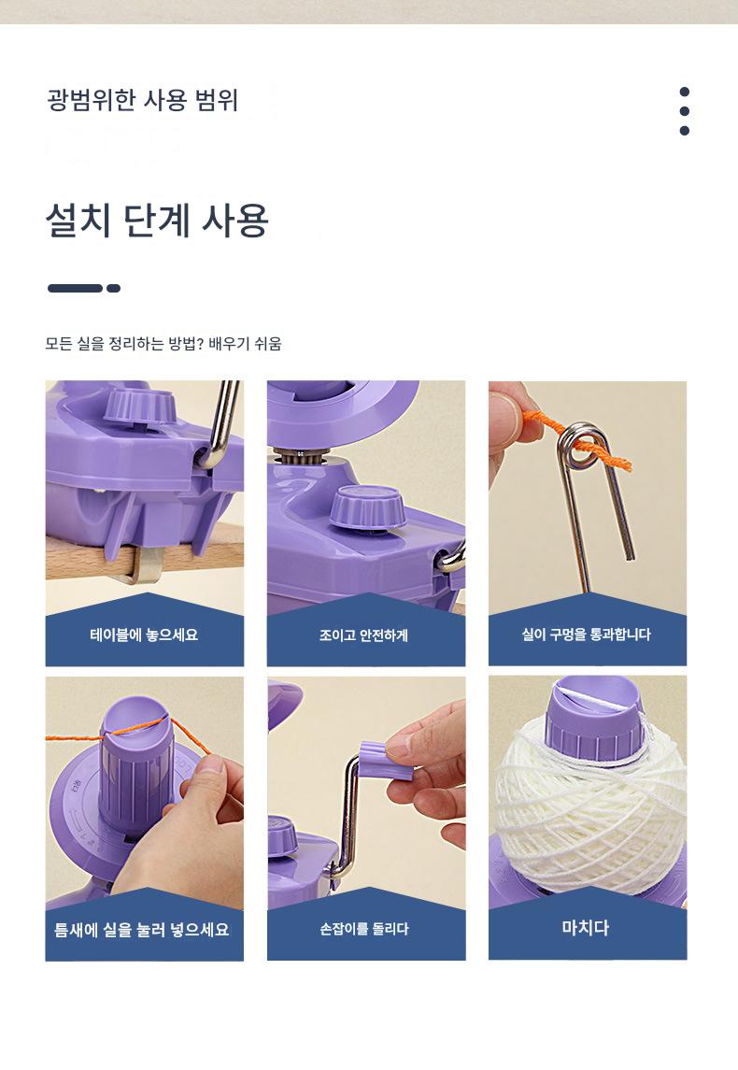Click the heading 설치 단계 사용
pyautogui.click(x=157, y=221)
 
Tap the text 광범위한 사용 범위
pyautogui.click(x=143, y=100)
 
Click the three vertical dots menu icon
pyautogui.click(x=684, y=111)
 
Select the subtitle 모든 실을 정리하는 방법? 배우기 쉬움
pyautogui.click(x=163, y=343)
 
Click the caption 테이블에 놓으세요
pyautogui.click(x=144, y=635)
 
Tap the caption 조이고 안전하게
pyautogui.click(x=364, y=635)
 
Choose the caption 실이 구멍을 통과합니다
pyautogui.click(x=587, y=635)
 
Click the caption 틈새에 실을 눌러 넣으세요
pyautogui.click(x=142, y=930)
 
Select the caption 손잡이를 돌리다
pyautogui.click(x=364, y=929)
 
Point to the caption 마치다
pyautogui.click(x=585, y=927)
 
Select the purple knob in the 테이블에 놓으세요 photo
pyautogui.click(x=141, y=406)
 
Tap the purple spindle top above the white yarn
pyautogui.click(x=594, y=717)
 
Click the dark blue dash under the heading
pyautogui.click(x=84, y=288)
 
